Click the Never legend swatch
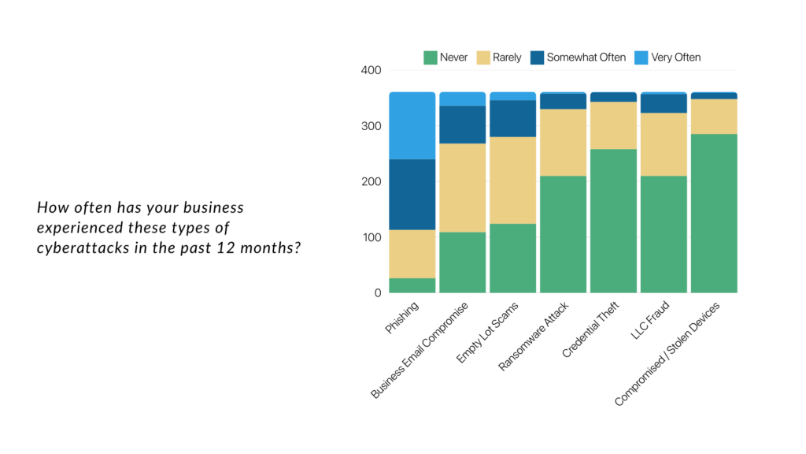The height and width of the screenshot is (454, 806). pyautogui.click(x=431, y=57)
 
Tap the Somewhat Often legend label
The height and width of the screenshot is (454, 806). pyautogui.click(x=586, y=57)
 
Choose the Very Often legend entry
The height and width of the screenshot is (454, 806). pyautogui.click(x=675, y=57)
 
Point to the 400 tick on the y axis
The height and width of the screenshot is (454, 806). pyautogui.click(x=372, y=70)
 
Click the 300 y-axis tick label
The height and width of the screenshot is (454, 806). pyautogui.click(x=372, y=126)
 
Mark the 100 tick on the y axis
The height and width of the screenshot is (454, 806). pyautogui.click(x=372, y=237)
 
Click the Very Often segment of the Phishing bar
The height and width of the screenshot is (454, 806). pyautogui.click(x=412, y=125)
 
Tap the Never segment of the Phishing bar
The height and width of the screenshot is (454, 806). pyautogui.click(x=412, y=285)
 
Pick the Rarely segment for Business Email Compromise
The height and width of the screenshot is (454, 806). pyautogui.click(x=462, y=188)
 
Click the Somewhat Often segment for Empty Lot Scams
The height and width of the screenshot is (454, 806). pyautogui.click(x=512, y=118)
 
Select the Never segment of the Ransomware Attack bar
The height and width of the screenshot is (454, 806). pyautogui.click(x=563, y=234)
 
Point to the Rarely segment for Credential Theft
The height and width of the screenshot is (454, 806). pyautogui.click(x=613, y=125)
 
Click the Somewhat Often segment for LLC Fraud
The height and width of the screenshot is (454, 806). pyautogui.click(x=664, y=103)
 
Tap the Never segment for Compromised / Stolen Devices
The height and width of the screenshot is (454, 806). pyautogui.click(x=714, y=213)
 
